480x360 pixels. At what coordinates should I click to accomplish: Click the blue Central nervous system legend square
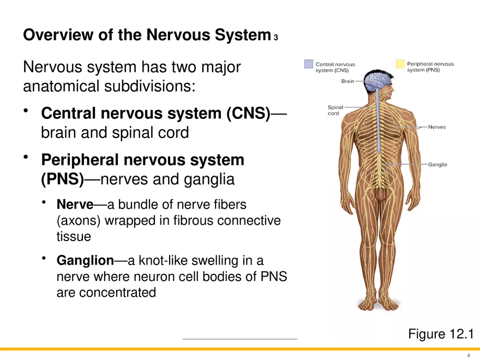pyautogui.click(x=309, y=64)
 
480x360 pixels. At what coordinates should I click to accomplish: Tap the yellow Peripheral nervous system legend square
pyautogui.click(x=400, y=64)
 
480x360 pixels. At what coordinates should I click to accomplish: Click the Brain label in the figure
pyautogui.click(x=347, y=81)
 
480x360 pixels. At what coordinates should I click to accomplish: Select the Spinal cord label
pyautogui.click(x=334, y=110)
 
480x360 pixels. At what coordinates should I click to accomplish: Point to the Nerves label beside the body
pyautogui.click(x=437, y=127)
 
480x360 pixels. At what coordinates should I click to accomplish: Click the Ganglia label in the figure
pyautogui.click(x=437, y=164)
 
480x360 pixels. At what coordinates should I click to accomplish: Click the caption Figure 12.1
pyautogui.click(x=440, y=333)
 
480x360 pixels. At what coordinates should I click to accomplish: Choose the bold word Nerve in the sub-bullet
pyautogui.click(x=75, y=205)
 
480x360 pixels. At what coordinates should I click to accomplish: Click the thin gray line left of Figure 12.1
pyautogui.click(x=239, y=339)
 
